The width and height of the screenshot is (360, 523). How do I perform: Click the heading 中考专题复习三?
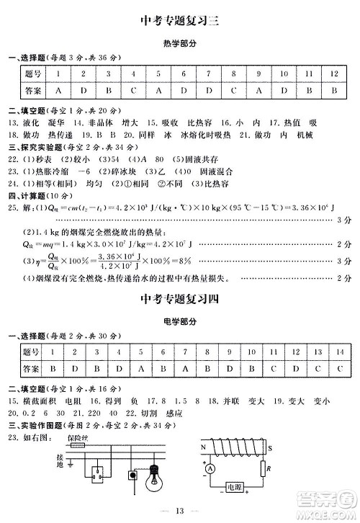click(179, 20)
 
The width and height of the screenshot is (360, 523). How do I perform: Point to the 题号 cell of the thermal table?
click(33, 73)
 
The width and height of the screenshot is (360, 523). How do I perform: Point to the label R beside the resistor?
click(267, 471)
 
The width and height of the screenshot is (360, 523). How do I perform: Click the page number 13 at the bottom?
click(179, 511)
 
